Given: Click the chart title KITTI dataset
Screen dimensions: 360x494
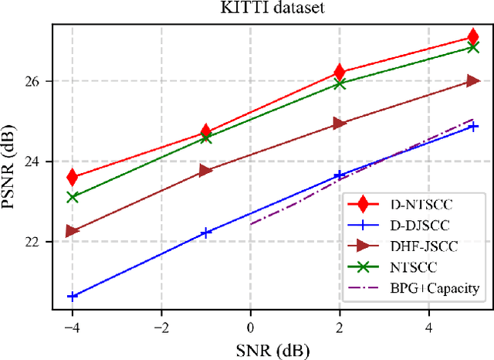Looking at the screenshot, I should [x=272, y=10].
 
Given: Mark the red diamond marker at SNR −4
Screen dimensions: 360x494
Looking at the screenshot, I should [x=73, y=177].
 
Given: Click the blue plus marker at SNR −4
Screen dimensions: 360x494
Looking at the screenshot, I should [x=73, y=296].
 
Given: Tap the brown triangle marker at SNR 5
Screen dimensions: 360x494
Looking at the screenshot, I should [x=473, y=81].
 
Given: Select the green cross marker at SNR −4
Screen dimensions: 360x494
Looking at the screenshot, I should [x=73, y=197].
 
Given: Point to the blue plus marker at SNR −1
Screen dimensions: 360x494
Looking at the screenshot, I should [x=206, y=233].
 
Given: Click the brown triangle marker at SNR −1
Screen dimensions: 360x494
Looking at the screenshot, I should [x=206, y=171].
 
